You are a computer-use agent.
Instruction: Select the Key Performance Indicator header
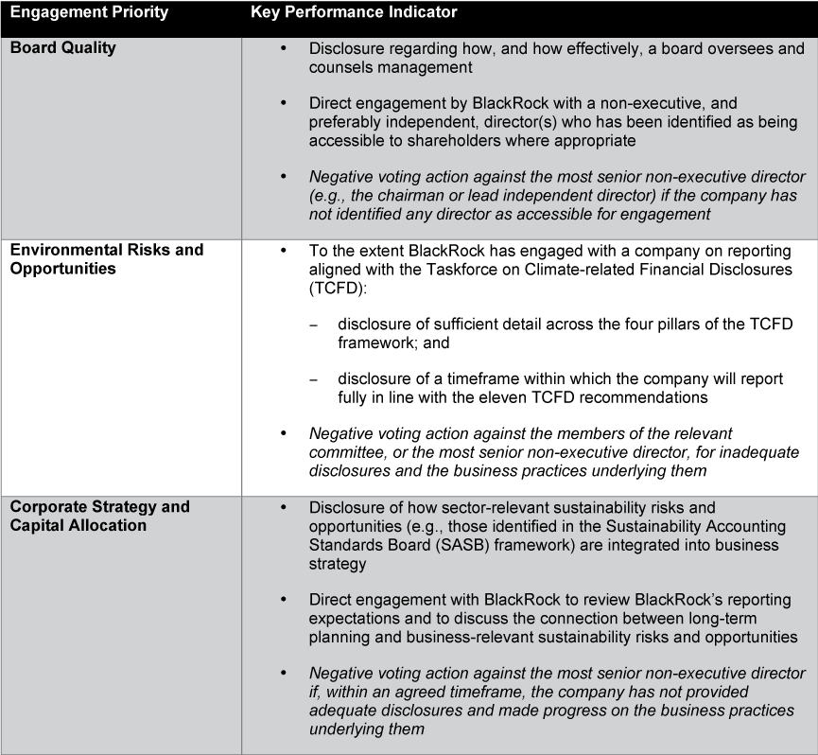click(x=354, y=13)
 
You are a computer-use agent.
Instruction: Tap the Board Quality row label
click(x=62, y=47)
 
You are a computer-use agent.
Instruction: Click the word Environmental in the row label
click(x=58, y=250)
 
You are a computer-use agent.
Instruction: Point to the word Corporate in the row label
click(x=44, y=506)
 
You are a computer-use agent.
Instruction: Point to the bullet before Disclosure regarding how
click(x=284, y=48)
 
